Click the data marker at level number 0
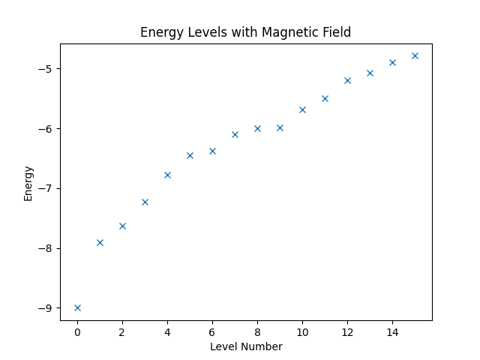[77, 307]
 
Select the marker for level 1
[100, 242]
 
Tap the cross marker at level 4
[167, 175]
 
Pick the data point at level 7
[235, 134]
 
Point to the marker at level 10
[302, 109]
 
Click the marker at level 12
[347, 80]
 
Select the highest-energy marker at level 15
[415, 55]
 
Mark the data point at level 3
[145, 202]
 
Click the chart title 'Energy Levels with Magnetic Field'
[245, 33]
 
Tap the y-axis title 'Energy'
[28, 183]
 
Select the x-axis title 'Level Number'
[246, 346]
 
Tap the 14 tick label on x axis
[392, 331]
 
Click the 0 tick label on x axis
[77, 331]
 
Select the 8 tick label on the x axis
[257, 331]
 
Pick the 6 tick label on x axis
[212, 331]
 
